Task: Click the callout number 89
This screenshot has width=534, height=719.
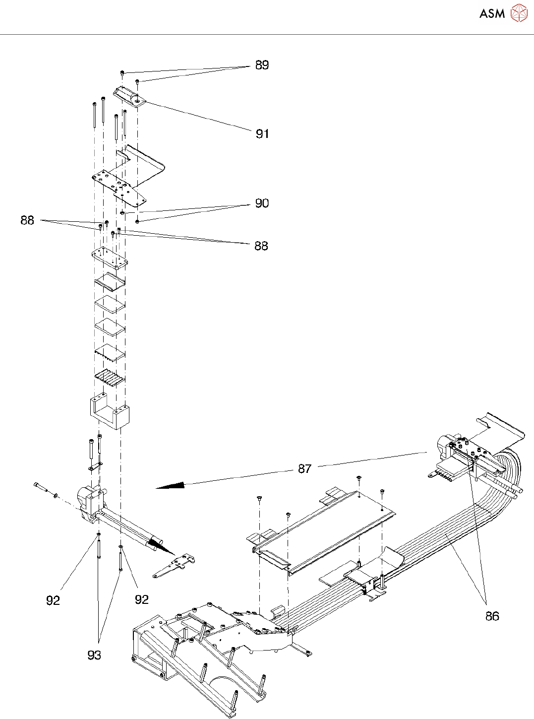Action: coord(262,65)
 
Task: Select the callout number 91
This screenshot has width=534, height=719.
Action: coord(262,133)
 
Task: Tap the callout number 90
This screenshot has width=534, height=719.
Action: coord(262,203)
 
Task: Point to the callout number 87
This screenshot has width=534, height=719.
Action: coord(304,468)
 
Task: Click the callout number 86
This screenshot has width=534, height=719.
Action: coord(492,616)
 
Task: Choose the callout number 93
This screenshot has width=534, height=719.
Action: coord(94,655)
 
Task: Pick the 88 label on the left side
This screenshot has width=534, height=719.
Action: coord(27,220)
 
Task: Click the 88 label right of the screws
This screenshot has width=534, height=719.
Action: coord(261,246)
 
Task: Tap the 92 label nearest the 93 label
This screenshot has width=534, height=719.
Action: coord(53,600)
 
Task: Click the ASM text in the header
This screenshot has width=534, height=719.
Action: coord(492,13)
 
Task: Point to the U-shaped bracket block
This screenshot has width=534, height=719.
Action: coord(109,412)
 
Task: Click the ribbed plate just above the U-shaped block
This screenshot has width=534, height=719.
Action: coord(109,378)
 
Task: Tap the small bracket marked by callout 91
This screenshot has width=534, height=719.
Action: coord(129,95)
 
